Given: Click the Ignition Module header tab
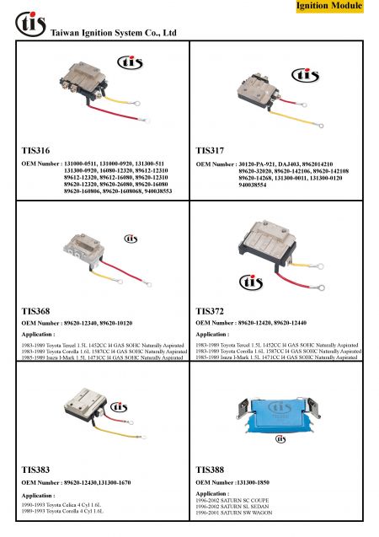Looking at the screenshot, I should (329, 7).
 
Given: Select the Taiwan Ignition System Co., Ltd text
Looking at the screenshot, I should (113, 34).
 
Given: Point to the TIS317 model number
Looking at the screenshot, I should (210, 149).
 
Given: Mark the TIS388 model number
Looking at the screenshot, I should (210, 467).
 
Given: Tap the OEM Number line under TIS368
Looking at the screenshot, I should (77, 324).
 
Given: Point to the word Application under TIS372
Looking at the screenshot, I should (211, 335).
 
